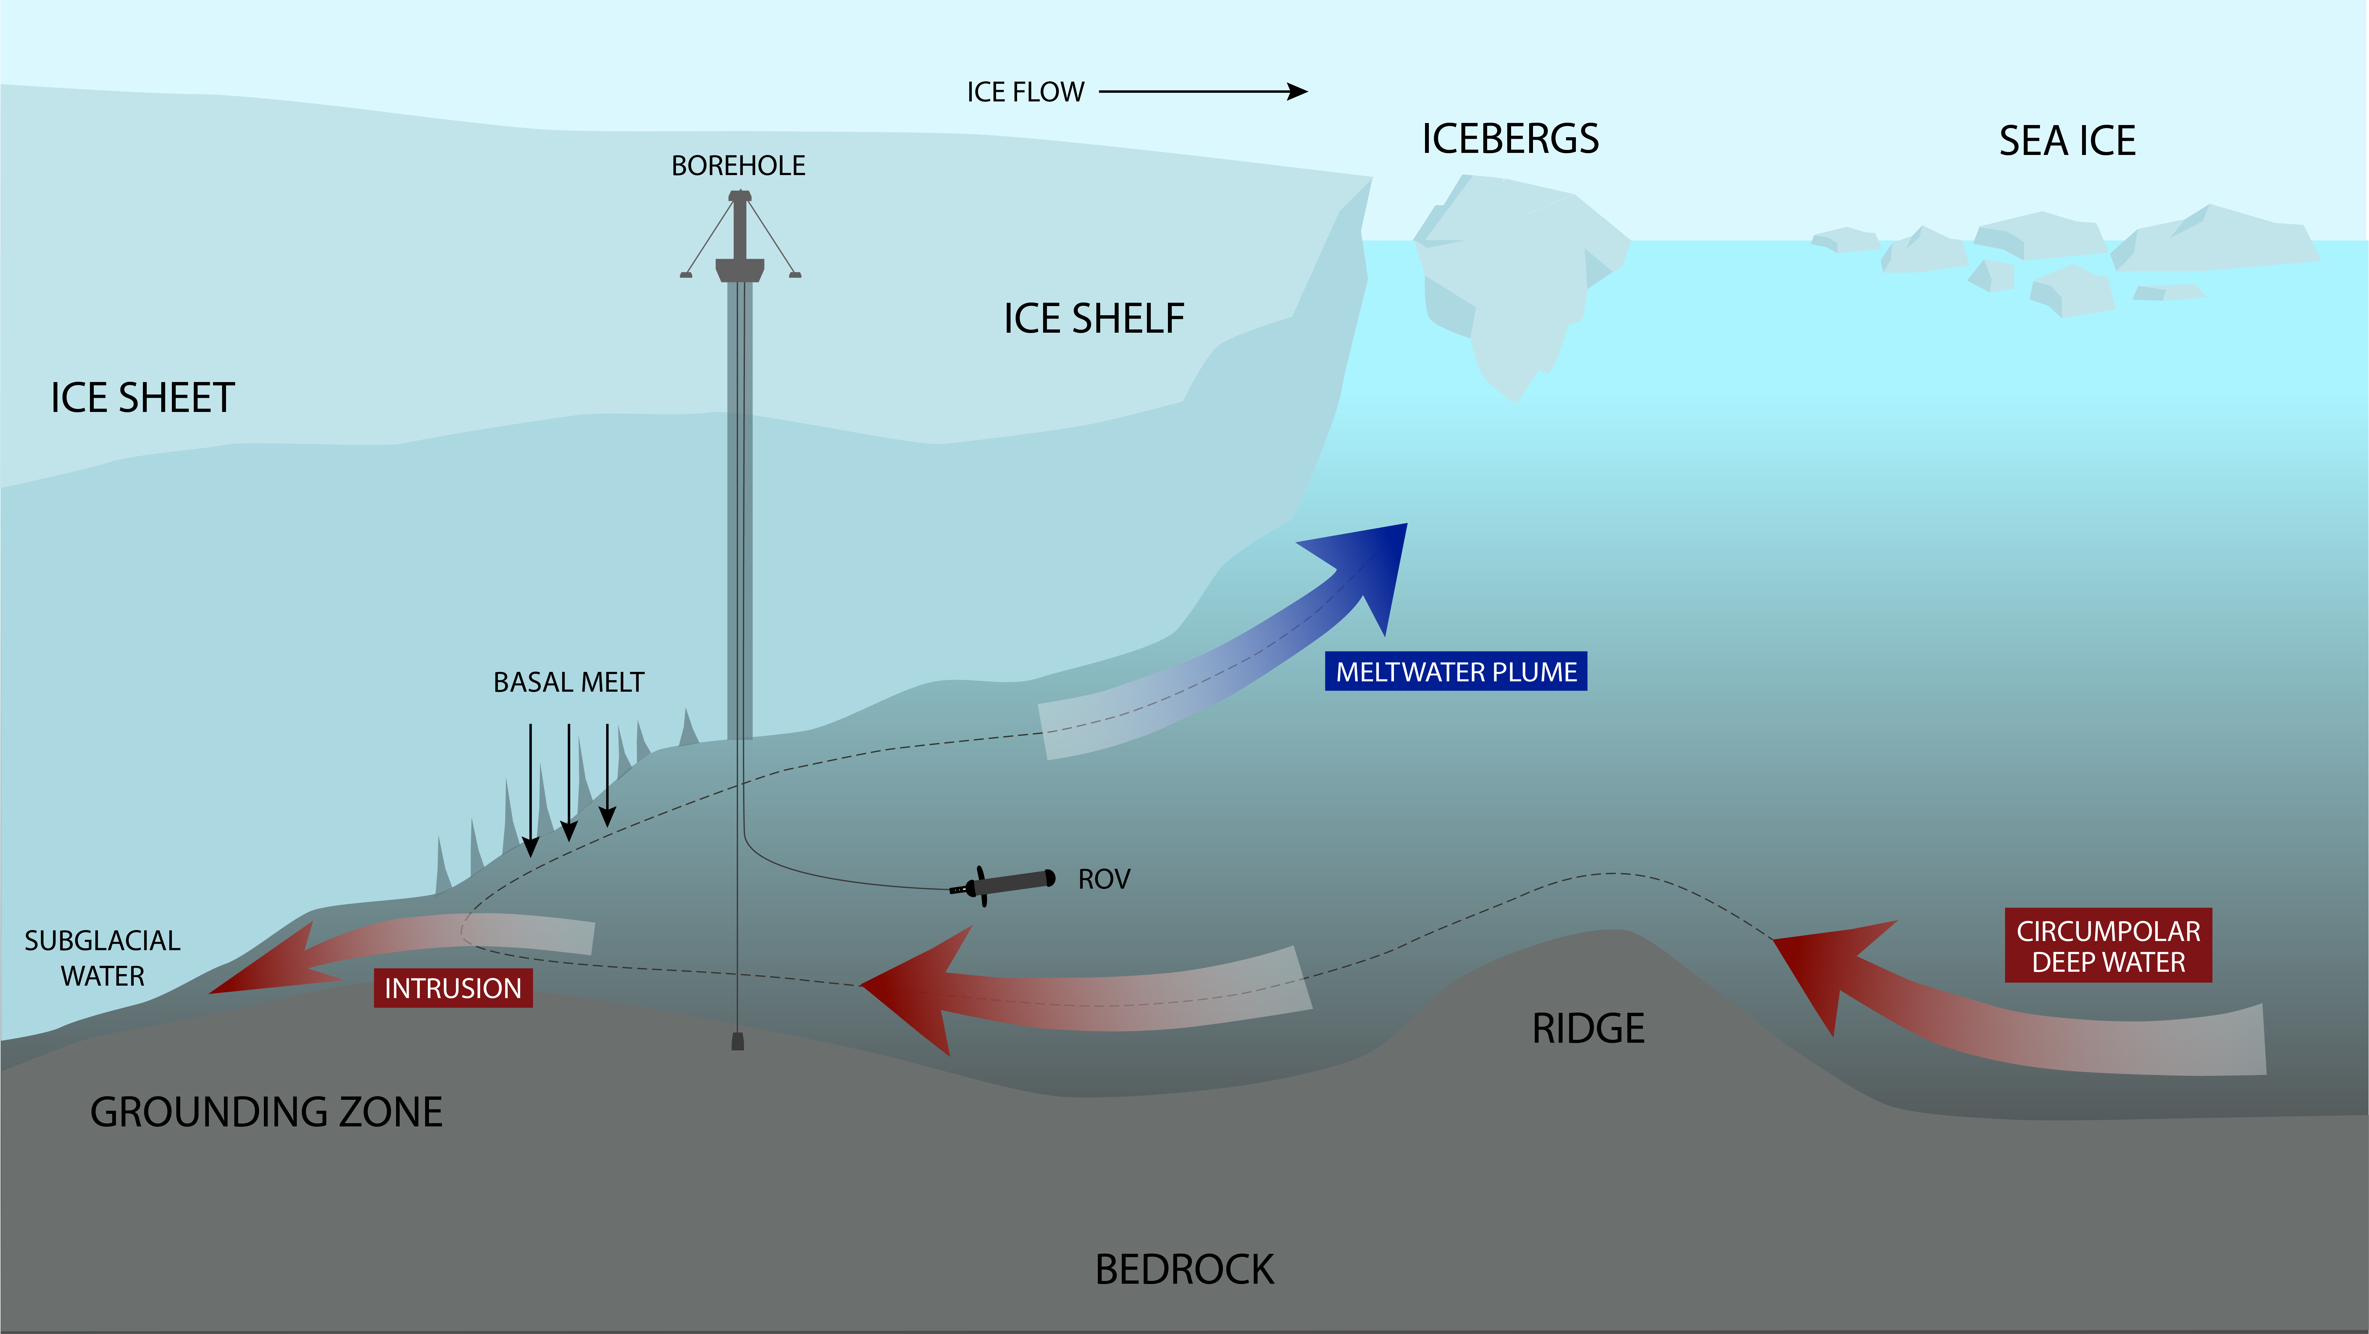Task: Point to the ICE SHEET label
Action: click(x=143, y=398)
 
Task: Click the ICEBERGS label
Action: click(x=1510, y=139)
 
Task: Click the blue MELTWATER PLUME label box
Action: click(x=1456, y=672)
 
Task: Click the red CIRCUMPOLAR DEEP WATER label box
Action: click(x=2108, y=946)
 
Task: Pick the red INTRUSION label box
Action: click(x=452, y=988)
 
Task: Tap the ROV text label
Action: click(x=1103, y=880)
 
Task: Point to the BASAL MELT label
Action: click(x=568, y=682)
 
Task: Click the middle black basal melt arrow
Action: click(x=569, y=782)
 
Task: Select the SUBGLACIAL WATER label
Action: click(x=102, y=958)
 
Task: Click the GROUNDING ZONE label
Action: click(x=266, y=1113)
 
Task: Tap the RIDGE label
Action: click(x=1588, y=1029)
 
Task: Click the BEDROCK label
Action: click(x=1184, y=1270)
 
